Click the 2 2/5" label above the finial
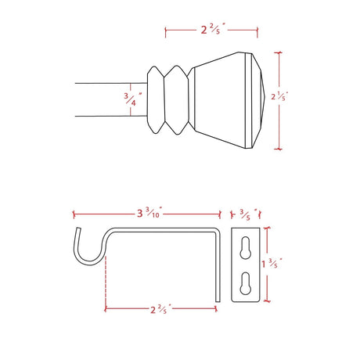point(213,29)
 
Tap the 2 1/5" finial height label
point(279,96)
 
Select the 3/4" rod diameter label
point(133,99)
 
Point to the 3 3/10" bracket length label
point(149,213)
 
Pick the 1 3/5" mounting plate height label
point(272,263)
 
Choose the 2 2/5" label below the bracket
point(160,309)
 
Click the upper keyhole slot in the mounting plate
point(246,248)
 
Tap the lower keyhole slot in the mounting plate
point(246,283)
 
